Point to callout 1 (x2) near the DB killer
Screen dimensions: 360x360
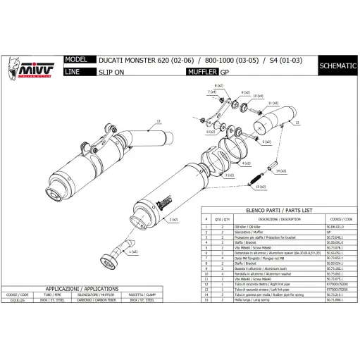pos(131,251)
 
